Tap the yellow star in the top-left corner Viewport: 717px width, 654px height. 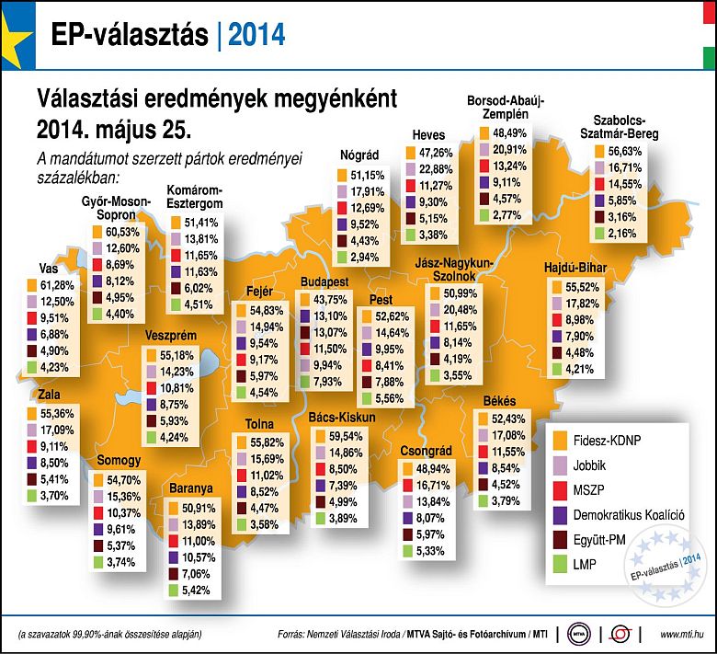point(13,37)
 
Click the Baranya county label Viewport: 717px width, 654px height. point(191,488)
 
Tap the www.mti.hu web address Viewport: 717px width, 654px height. point(681,634)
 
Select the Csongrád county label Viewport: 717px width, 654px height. point(426,452)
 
